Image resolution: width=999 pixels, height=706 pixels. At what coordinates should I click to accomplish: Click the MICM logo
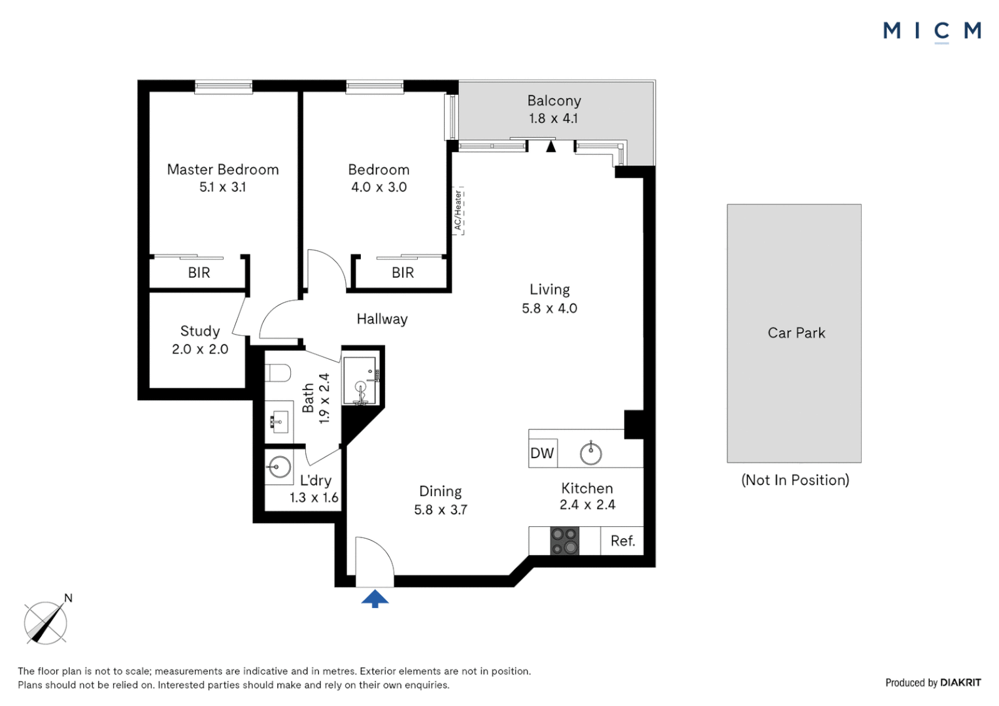tap(932, 31)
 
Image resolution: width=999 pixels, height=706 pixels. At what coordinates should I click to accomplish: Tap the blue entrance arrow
tap(375, 598)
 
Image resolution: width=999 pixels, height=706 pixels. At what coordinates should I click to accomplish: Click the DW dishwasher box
tap(542, 453)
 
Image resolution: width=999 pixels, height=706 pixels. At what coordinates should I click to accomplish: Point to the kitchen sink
tap(590, 453)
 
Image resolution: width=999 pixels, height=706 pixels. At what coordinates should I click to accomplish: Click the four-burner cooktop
tap(564, 541)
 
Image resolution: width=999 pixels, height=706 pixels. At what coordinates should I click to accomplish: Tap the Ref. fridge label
tap(622, 541)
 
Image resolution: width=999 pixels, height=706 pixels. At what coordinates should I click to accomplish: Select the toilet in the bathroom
tap(278, 373)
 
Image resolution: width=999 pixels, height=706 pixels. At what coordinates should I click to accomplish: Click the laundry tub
tap(279, 467)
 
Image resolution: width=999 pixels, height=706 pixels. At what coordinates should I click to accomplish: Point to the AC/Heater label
tap(458, 210)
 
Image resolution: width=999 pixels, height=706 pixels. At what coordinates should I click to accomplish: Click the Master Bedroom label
tap(223, 169)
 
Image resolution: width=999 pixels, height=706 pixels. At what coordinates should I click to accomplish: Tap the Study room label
tap(200, 331)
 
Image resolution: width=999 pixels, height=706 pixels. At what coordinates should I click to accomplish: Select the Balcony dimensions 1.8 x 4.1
tap(553, 118)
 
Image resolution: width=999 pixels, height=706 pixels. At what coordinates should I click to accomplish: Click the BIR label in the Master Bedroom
tap(199, 273)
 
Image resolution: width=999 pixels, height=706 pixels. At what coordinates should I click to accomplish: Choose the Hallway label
tap(382, 319)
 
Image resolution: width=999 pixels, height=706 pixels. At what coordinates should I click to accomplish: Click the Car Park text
tap(796, 333)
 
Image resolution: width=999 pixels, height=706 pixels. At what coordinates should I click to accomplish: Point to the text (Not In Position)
tap(795, 480)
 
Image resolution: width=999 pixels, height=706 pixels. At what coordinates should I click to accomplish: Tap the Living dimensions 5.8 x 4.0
tap(549, 308)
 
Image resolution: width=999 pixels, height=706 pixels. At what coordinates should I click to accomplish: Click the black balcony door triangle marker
tap(551, 146)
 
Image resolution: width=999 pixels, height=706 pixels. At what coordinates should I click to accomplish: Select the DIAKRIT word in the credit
tap(960, 682)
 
